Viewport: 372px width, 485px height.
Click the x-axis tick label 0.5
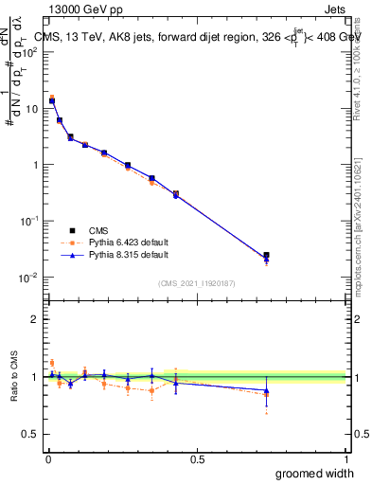click(x=197, y=458)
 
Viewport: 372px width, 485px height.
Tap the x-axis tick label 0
click(x=47, y=458)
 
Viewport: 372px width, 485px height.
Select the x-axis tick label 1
click(x=345, y=458)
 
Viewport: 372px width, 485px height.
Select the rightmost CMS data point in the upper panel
click(x=266, y=255)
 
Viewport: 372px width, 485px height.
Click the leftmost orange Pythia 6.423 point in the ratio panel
click(x=52, y=363)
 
